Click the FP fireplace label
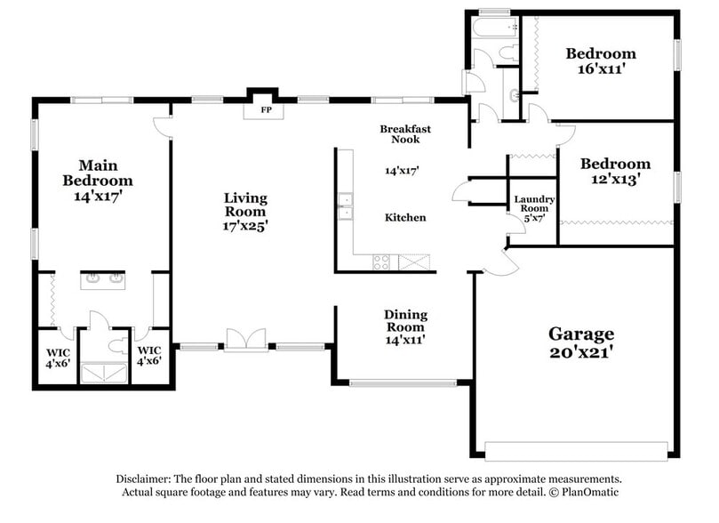(x=264, y=111)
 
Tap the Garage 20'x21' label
(x=580, y=342)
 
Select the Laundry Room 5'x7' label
(x=534, y=208)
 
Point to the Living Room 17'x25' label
(x=245, y=212)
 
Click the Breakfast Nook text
(x=405, y=134)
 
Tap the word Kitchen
(x=405, y=217)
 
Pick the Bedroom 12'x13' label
(x=615, y=171)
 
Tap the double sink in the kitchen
(x=344, y=206)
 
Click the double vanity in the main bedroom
(x=103, y=280)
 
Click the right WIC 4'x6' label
(x=148, y=356)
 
